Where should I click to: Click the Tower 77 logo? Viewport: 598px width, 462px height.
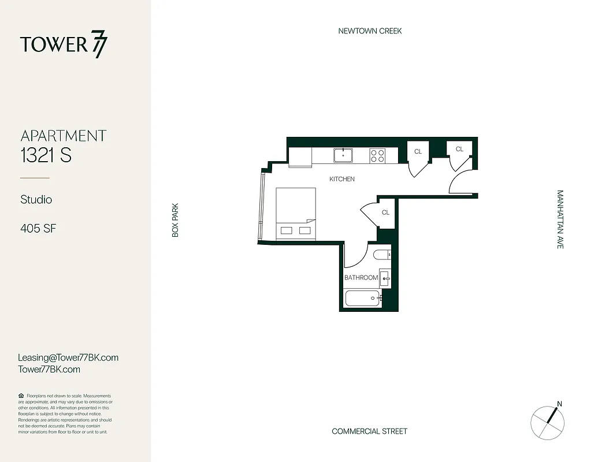64,46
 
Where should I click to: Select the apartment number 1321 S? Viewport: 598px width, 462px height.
46,155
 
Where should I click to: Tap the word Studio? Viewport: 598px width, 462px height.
36,199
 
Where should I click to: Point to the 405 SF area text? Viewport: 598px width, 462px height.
38,228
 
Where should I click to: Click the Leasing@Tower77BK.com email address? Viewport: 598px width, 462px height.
68,357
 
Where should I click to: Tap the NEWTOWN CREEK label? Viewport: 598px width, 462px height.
370,31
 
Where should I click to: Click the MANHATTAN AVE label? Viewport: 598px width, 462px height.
560,219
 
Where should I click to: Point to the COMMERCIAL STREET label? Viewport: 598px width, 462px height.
369,431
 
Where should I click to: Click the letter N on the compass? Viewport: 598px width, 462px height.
559,404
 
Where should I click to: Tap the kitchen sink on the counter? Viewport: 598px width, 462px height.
343,155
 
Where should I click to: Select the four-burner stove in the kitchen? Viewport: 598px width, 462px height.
377,155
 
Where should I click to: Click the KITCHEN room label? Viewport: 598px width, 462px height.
342,179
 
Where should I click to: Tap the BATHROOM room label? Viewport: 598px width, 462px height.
361,278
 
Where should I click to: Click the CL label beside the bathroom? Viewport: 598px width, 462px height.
385,213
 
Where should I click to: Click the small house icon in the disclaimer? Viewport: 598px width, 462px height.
21,396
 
